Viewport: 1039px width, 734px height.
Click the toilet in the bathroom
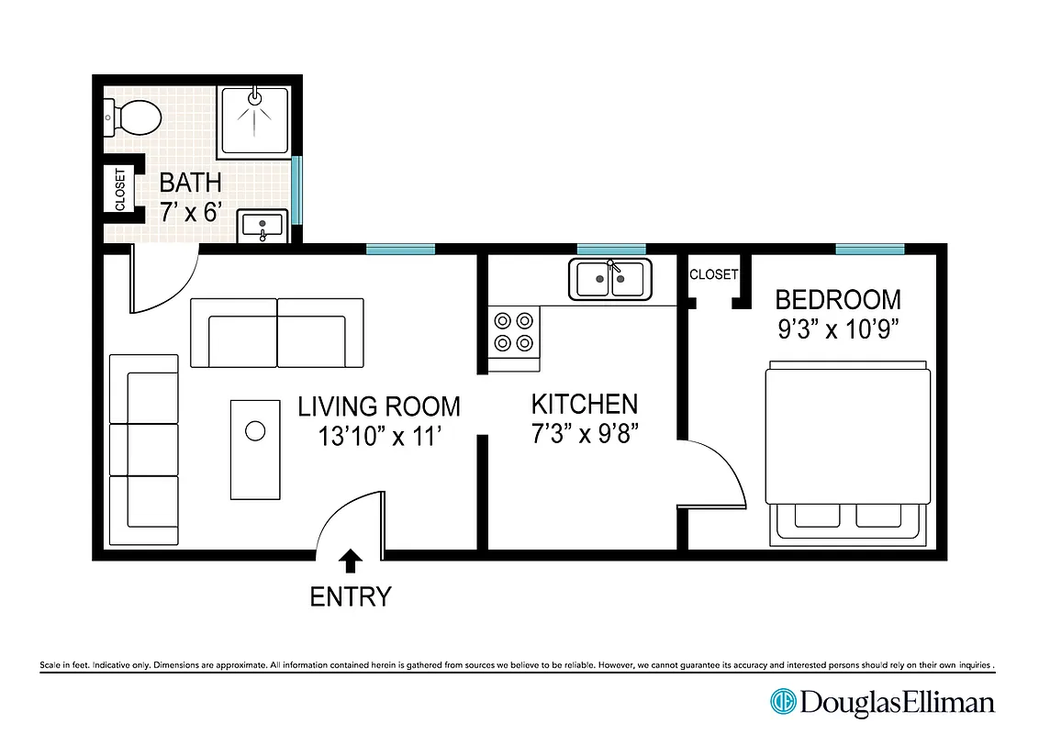point(134,117)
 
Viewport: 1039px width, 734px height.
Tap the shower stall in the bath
point(254,121)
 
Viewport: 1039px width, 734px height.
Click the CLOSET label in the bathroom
point(120,190)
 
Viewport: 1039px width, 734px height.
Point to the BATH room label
point(190,182)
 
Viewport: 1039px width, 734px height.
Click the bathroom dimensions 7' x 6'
point(190,213)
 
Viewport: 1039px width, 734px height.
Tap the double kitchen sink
point(610,279)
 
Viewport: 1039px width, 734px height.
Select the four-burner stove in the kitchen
point(514,332)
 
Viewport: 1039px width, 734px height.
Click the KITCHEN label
point(584,404)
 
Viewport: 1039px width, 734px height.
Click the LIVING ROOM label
point(379,406)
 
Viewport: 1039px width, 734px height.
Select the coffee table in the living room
point(255,449)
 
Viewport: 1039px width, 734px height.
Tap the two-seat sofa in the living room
point(277,333)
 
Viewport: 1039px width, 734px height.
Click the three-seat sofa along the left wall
point(144,450)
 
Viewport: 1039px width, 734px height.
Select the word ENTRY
point(351,597)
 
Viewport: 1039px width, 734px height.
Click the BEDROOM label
point(838,300)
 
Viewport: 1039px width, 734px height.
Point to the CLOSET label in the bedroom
point(713,274)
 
